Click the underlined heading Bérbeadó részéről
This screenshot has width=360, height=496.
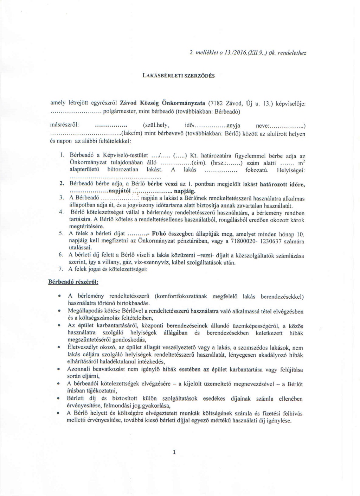coord(73,282)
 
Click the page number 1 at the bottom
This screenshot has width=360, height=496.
coord(174,453)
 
